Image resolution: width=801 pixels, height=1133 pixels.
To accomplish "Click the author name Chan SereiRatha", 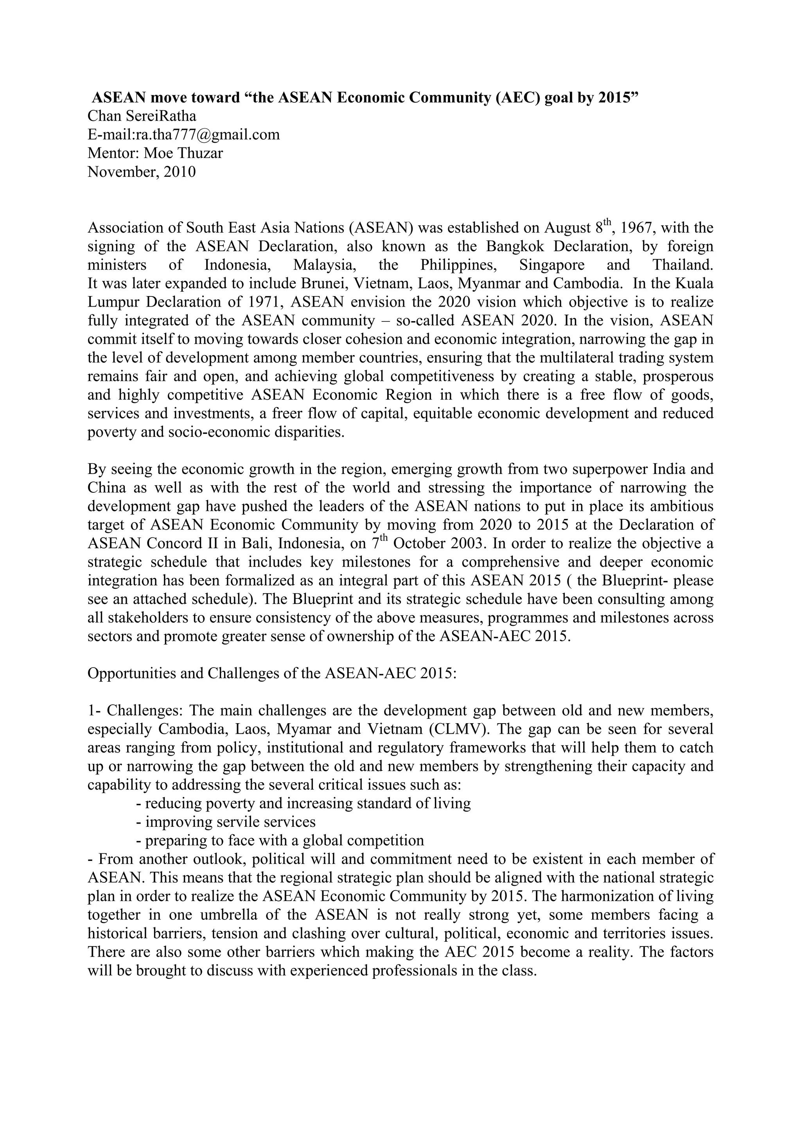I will [x=142, y=117].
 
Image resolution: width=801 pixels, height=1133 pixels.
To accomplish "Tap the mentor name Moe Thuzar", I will [x=183, y=153].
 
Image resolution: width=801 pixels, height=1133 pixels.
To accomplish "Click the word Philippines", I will [x=458, y=265].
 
